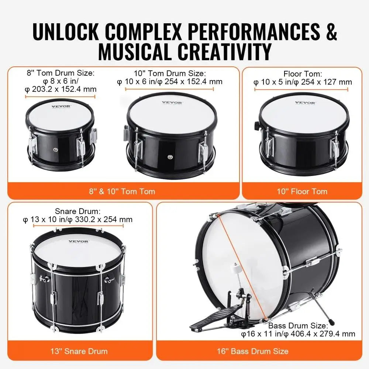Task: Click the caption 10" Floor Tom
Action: click(302, 191)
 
